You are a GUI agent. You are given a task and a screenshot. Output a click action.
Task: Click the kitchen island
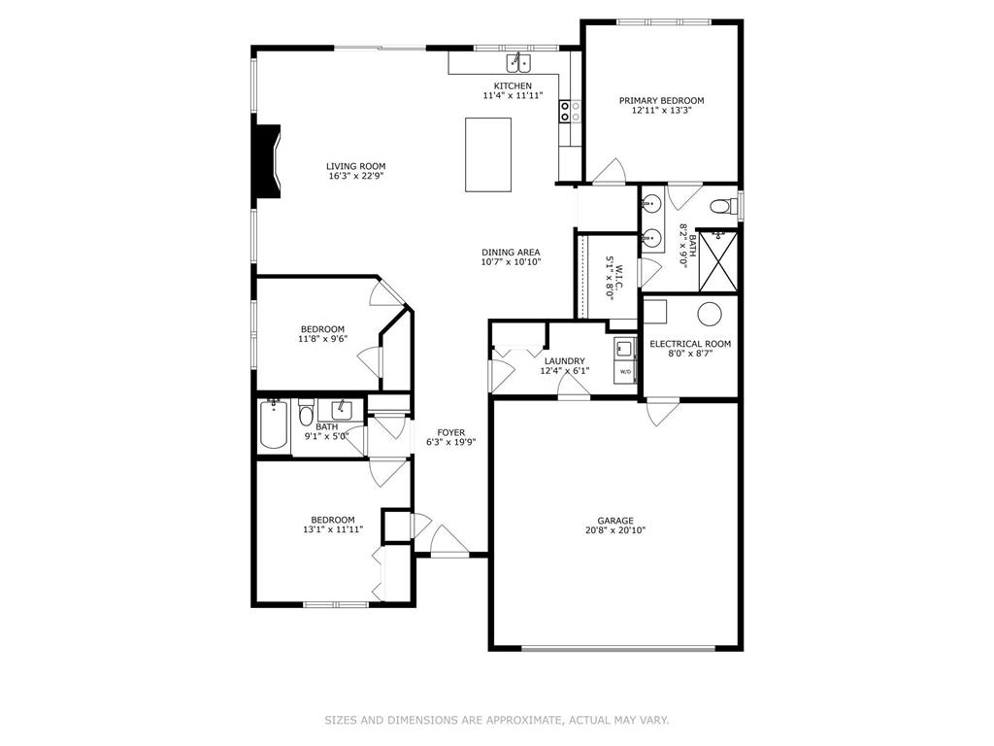click(x=488, y=155)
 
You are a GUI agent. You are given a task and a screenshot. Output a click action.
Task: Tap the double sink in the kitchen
click(x=517, y=64)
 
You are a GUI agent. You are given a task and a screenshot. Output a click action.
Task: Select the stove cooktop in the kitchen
click(x=570, y=111)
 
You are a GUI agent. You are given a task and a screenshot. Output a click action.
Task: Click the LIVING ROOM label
click(x=355, y=166)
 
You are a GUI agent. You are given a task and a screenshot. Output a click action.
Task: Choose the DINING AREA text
click(x=511, y=252)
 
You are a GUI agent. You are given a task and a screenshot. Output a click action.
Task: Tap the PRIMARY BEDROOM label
click(x=661, y=100)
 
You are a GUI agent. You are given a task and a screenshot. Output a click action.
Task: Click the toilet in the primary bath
click(x=721, y=206)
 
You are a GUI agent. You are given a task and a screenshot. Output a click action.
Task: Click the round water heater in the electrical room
click(x=710, y=314)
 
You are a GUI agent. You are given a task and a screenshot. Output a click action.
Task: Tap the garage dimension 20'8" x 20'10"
click(x=614, y=530)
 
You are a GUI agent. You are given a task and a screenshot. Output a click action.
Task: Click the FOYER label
click(x=450, y=432)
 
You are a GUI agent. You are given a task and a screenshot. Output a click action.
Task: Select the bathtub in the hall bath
click(x=274, y=426)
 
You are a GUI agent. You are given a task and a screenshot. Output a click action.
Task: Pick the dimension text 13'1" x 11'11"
click(x=332, y=530)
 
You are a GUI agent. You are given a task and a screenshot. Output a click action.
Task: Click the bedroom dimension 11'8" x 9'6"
click(x=322, y=339)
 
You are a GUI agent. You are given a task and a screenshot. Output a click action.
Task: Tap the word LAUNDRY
click(x=563, y=360)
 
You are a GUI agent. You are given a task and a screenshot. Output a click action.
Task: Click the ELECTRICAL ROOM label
click(x=690, y=344)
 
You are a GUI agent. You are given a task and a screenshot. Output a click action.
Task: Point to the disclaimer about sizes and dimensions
click(x=496, y=720)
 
